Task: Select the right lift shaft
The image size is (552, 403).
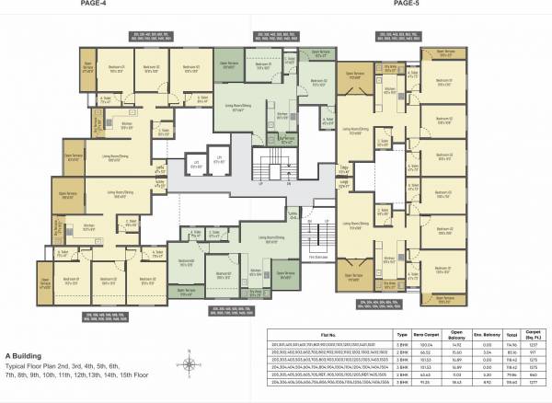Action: pos(219,166)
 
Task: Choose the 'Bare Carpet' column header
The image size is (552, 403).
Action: pos(426,335)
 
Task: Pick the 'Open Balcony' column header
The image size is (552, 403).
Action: pos(457,335)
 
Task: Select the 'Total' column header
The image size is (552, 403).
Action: pos(512,335)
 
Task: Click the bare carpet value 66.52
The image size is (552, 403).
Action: pos(426,351)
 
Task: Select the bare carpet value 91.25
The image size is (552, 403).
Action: pos(426,382)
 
